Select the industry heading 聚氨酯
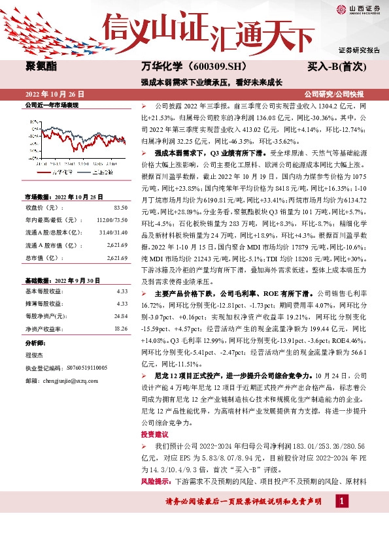[39, 66]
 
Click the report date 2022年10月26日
[55, 94]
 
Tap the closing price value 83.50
[120, 207]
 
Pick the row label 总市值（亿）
[41, 258]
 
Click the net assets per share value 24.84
[120, 316]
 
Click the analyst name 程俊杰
[33, 357]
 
